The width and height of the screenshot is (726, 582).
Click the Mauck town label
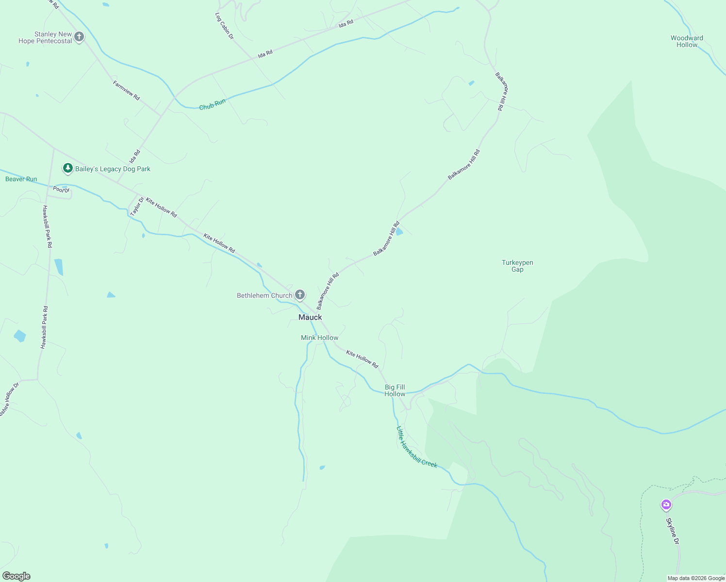click(x=310, y=317)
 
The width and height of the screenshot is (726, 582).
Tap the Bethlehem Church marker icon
click(x=300, y=294)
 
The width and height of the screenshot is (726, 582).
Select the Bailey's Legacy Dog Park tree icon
click(x=68, y=168)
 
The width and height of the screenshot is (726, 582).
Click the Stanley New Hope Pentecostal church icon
click(x=79, y=36)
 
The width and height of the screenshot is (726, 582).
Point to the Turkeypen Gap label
click(x=517, y=266)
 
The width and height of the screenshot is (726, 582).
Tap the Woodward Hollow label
click(x=687, y=41)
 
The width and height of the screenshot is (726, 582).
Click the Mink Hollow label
click(x=319, y=338)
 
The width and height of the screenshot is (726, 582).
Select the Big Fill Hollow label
click(x=395, y=390)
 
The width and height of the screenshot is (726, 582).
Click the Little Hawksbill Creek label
click(x=416, y=448)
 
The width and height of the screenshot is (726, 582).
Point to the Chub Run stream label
click(x=213, y=104)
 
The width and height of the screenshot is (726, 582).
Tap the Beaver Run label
click(x=21, y=179)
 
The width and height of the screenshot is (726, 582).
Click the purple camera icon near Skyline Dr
click(x=666, y=505)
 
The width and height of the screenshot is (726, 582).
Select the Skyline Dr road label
click(x=672, y=531)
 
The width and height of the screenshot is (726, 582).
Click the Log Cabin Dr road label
click(x=224, y=26)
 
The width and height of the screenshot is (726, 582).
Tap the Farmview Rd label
click(x=126, y=91)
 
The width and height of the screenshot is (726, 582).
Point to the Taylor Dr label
click(x=137, y=207)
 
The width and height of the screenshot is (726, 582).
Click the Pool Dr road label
click(x=62, y=190)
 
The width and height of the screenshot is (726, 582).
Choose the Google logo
click(x=16, y=576)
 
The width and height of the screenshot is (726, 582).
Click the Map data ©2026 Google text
click(x=696, y=578)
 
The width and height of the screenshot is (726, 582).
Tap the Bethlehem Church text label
click(x=264, y=295)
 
